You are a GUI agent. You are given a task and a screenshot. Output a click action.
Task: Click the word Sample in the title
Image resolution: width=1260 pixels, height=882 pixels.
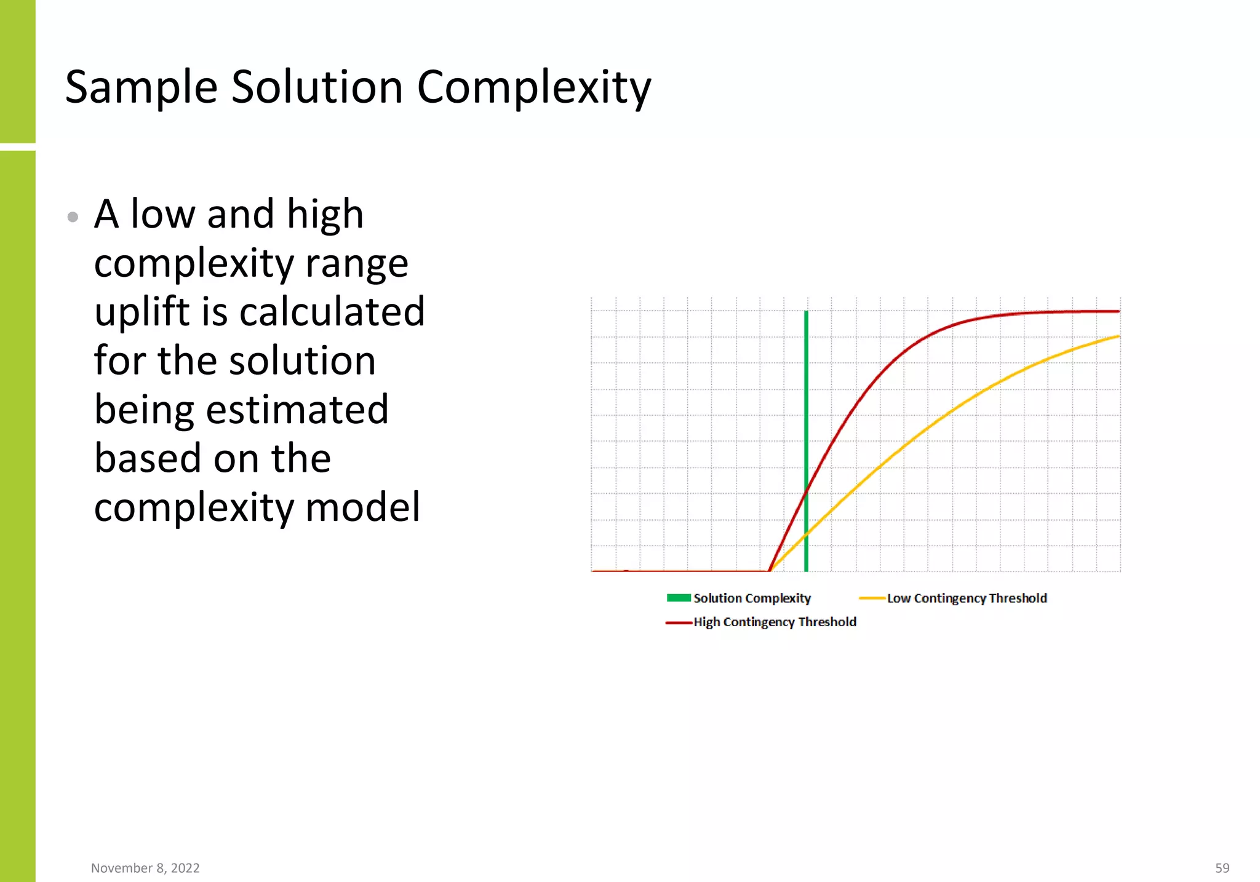tap(142, 87)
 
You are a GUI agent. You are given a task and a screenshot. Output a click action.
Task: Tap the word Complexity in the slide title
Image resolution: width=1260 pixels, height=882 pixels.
tap(533, 87)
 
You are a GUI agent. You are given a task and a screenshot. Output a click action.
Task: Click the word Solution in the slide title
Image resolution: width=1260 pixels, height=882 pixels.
tap(317, 87)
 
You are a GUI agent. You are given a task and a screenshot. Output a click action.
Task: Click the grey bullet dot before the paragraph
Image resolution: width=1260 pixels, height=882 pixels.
tap(73, 217)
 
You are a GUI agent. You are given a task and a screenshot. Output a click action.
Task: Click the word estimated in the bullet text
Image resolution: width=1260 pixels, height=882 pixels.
tap(297, 410)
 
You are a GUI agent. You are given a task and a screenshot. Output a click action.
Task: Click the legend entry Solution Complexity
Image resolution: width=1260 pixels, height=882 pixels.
tap(752, 598)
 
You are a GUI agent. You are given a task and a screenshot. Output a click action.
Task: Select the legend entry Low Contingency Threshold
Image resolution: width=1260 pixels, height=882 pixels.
tap(967, 598)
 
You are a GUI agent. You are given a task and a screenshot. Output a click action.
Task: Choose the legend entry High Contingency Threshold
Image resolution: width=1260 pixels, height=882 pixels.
tap(775, 622)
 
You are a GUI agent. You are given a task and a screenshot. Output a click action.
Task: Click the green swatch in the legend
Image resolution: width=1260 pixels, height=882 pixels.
tap(679, 598)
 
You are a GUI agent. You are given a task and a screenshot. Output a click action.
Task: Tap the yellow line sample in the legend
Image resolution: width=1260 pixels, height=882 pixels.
tap(872, 598)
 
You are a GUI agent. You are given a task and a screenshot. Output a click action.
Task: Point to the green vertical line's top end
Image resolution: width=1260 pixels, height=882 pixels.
tap(806, 313)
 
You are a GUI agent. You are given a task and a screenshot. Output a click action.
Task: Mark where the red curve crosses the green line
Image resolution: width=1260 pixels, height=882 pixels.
tap(806, 490)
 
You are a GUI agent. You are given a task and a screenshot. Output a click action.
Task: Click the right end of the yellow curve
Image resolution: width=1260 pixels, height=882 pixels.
tap(1118, 336)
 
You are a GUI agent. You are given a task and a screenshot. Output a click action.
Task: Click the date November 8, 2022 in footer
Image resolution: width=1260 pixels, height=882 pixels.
tap(145, 868)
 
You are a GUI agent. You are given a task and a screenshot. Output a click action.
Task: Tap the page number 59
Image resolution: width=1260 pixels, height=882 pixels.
tap(1222, 868)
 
